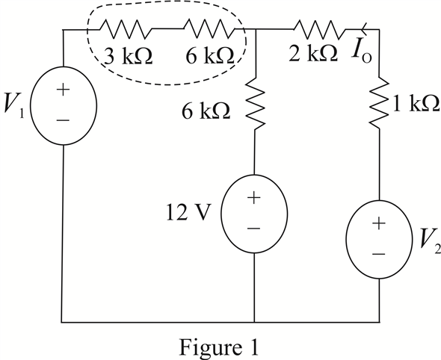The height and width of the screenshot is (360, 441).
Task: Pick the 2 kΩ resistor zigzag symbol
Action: pos(319,29)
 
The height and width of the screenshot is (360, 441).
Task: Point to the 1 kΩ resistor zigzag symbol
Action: pos(379,102)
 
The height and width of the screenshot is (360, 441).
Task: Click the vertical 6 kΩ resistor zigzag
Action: pos(256,103)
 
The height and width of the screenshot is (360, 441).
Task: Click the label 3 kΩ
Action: pos(128,56)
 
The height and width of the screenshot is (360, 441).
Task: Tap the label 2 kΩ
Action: pos(313,52)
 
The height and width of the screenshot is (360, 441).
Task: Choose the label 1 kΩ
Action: pos(416,103)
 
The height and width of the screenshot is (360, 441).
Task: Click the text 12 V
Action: pos(188,212)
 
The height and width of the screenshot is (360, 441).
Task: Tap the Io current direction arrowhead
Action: pos(364,29)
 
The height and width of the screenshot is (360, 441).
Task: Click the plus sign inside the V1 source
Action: pos(64,90)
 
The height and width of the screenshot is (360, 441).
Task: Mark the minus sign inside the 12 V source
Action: pos(253,229)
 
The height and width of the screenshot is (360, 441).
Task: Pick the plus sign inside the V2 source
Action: pos(379,223)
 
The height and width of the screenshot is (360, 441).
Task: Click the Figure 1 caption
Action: pos(219,347)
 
